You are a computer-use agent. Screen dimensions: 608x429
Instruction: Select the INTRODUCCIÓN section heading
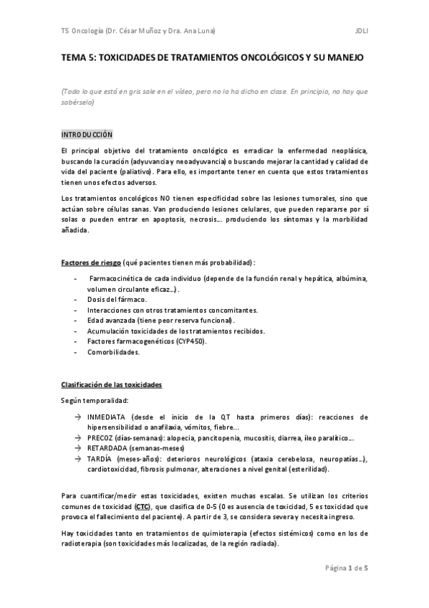click(x=87, y=134)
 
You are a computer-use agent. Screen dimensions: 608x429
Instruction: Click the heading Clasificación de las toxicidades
click(x=111, y=384)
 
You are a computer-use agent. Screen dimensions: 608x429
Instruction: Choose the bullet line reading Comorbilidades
click(x=114, y=352)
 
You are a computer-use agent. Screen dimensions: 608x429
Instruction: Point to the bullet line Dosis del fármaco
click(x=117, y=298)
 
